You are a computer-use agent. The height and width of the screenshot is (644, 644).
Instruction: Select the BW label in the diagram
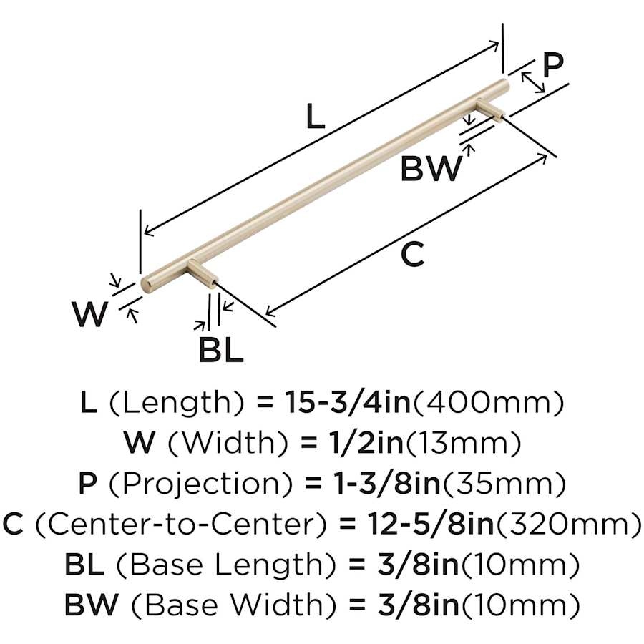(x=431, y=169)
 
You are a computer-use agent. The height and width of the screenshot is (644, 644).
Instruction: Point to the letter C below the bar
(x=412, y=255)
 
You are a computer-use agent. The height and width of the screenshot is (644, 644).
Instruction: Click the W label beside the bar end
(x=90, y=314)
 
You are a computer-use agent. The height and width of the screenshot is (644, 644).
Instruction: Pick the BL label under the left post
(x=221, y=351)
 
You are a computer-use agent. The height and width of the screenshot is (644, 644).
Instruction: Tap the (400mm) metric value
(x=487, y=404)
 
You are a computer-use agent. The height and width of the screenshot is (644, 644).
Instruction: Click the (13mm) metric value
(x=463, y=444)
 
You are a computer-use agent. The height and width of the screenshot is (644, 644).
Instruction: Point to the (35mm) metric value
(x=506, y=485)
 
